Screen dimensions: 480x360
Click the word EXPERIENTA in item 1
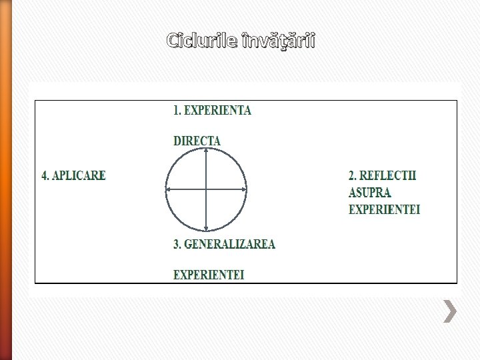coord(217,111)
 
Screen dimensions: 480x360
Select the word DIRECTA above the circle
coord(197,141)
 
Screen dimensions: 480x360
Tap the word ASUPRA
coord(369,193)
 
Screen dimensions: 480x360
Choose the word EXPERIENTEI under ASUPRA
coord(384,210)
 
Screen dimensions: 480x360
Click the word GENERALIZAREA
coord(229,244)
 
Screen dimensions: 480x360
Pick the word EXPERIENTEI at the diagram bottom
coord(209,274)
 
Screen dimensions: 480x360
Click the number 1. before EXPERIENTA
coord(177,111)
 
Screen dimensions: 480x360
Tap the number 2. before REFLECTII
coord(353,176)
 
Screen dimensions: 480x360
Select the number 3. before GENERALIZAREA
coord(177,244)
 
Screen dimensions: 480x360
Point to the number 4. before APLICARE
coord(45,176)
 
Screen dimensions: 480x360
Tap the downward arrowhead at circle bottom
coord(206,229)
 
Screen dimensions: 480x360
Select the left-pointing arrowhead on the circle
coord(168,190)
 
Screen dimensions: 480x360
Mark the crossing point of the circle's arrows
coord(206,190)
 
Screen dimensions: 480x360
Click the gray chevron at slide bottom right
coord(451,311)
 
